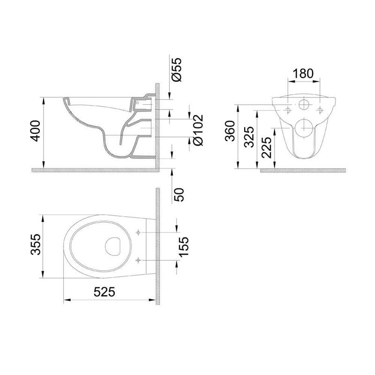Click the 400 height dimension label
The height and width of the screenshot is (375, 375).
click(36, 131)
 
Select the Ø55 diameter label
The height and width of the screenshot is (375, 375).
click(178, 69)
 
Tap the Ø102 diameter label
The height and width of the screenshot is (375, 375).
click(198, 130)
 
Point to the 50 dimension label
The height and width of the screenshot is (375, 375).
click(180, 195)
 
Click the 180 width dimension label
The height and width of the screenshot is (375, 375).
click(303, 74)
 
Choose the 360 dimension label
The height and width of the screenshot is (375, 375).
click(231, 131)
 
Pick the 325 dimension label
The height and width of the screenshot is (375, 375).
click(249, 137)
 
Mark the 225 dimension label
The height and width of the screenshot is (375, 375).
click(267, 148)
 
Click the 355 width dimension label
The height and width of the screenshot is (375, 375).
click(36, 244)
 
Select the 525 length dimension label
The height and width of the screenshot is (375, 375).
click(105, 292)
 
